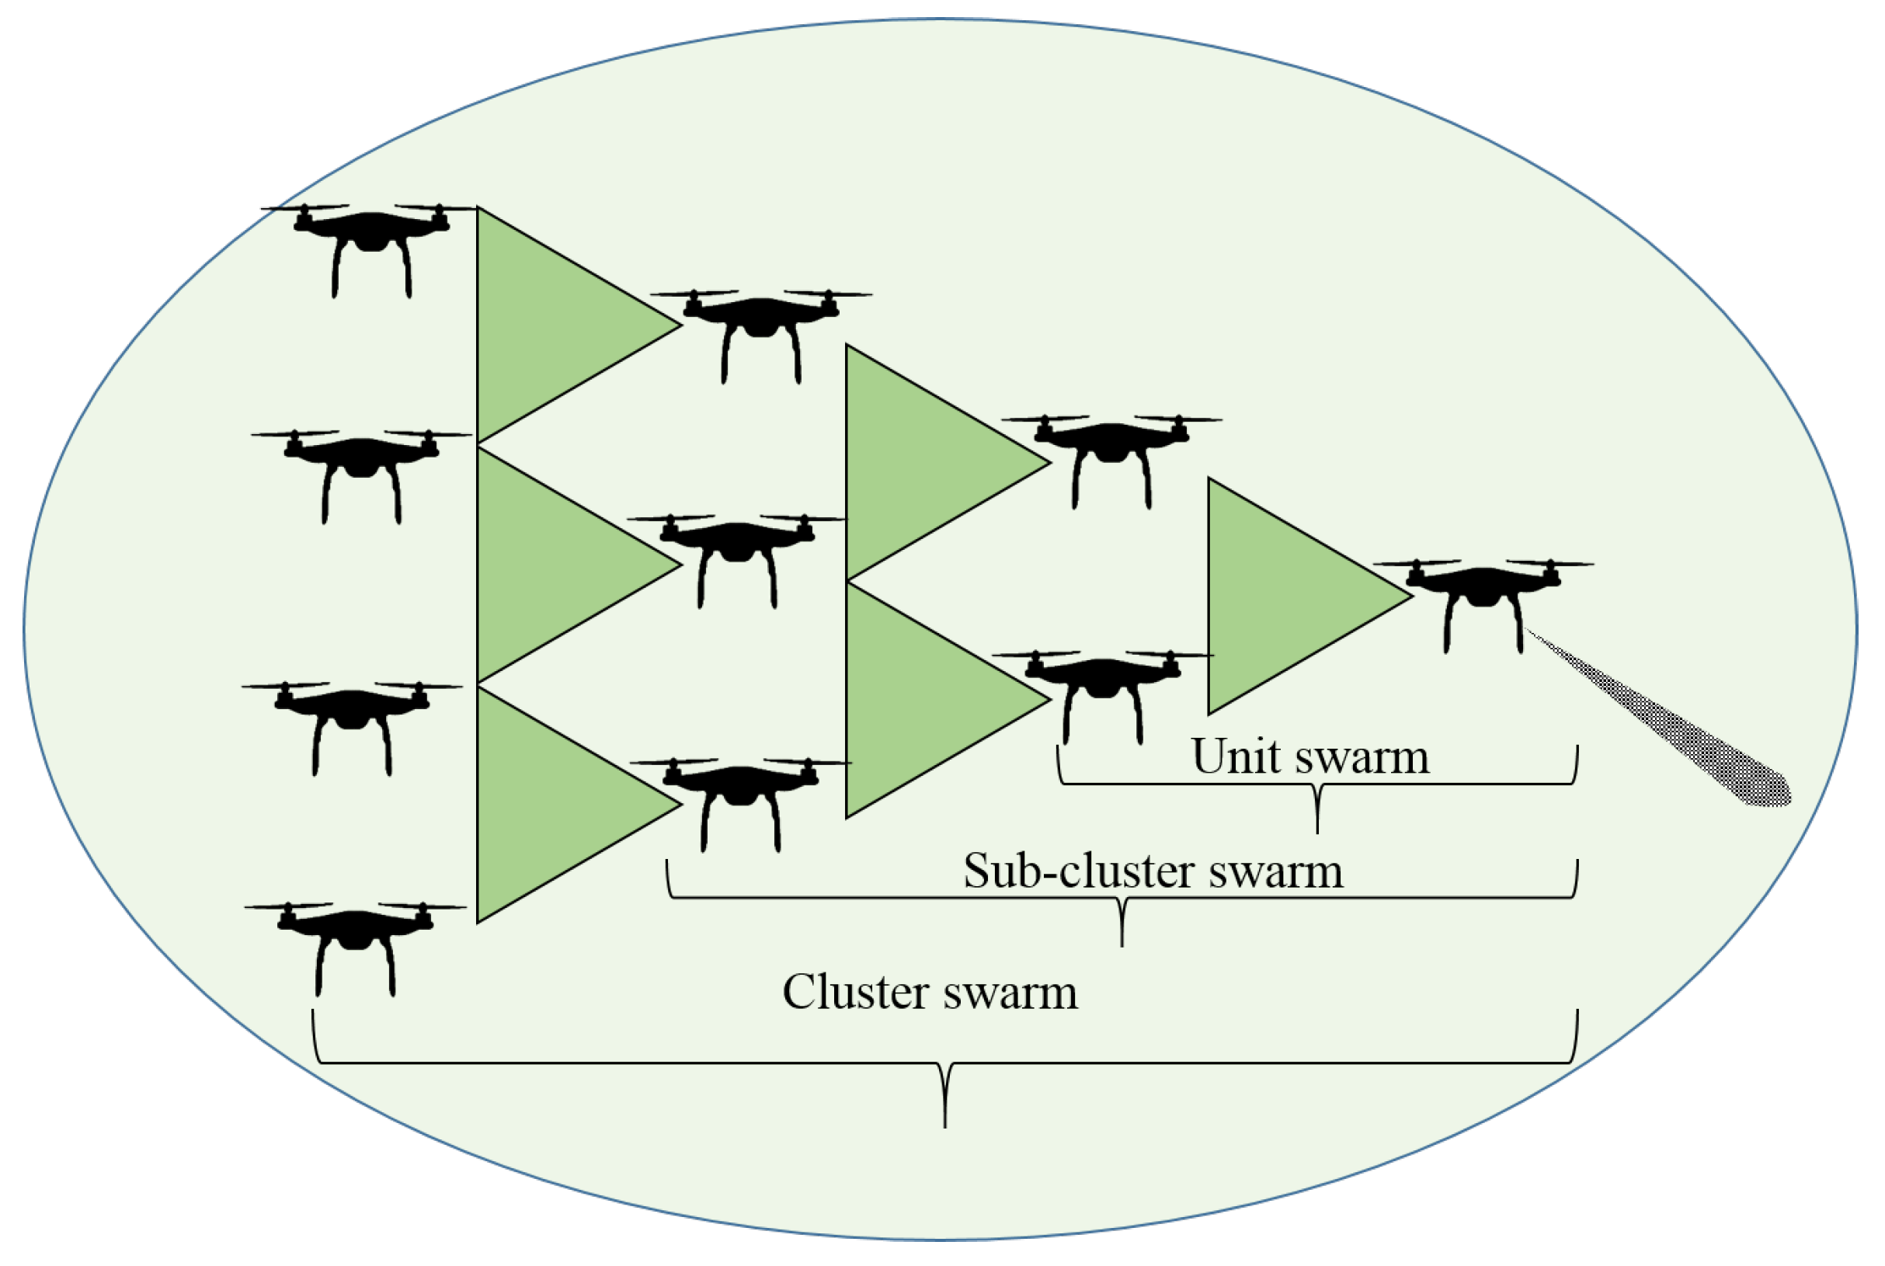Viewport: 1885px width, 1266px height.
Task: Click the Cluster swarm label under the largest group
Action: [x=930, y=993]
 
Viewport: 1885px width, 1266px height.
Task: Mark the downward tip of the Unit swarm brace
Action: [x=1317, y=831]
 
